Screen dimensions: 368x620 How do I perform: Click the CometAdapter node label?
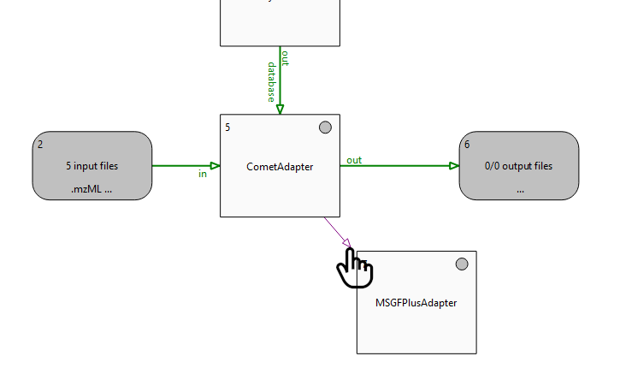pos(280,167)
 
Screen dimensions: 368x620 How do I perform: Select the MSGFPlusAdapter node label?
pos(416,303)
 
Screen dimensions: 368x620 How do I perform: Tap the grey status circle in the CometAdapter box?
pos(325,128)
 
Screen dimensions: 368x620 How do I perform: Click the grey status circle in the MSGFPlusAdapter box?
pos(462,264)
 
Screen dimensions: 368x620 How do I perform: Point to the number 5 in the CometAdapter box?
pos(227,128)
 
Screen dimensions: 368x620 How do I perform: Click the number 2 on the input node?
pos(40,145)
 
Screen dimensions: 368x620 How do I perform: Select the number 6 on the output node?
pos(467,145)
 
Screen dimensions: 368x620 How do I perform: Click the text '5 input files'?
pos(92,166)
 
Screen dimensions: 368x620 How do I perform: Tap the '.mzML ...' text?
pos(92,190)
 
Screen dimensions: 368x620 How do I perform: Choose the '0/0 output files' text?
pos(519,166)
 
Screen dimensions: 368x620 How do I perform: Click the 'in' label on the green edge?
pos(203,175)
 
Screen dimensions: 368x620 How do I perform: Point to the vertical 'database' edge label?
pos(271,82)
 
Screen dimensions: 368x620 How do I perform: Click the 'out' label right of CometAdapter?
pos(354,160)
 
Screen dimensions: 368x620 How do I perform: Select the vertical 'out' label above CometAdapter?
pos(286,58)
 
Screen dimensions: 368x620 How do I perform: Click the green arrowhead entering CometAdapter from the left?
pos(215,166)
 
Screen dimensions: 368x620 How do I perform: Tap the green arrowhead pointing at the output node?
pos(454,166)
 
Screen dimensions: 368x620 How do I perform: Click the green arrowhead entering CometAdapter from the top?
pos(280,109)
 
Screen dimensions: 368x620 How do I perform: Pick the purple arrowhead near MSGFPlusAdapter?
pos(345,242)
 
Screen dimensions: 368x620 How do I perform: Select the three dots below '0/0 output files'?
pos(519,190)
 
